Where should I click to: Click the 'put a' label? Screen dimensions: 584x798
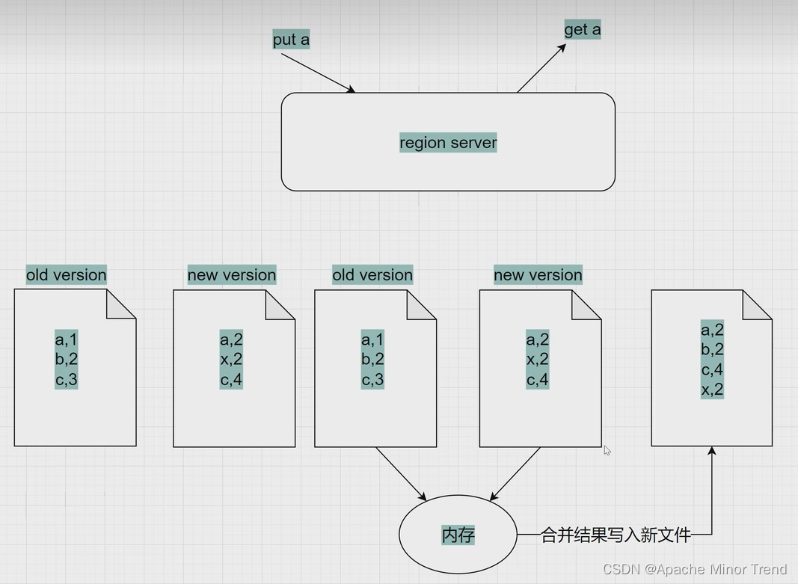(291, 40)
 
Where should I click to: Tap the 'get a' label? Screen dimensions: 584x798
(582, 30)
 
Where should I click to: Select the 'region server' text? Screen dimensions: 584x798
(448, 142)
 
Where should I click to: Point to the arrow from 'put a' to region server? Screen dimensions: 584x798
(318, 73)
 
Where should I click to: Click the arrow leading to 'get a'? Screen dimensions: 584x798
(541, 68)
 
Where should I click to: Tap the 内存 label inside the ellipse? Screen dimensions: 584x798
(458, 535)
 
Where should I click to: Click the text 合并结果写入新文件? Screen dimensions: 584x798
(615, 535)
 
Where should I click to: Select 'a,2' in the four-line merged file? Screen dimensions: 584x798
(712, 330)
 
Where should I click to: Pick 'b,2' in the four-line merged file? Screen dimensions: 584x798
(712, 349)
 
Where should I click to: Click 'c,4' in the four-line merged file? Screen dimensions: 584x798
(712, 369)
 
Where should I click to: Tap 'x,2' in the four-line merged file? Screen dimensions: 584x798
(712, 389)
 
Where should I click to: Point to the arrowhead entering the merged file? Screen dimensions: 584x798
(711, 451)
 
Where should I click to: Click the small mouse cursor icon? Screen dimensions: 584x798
(607, 450)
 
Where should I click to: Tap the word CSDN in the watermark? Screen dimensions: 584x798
(619, 570)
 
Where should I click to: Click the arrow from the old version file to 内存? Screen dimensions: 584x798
(400, 473)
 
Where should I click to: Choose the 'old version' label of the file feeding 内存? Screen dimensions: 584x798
(372, 274)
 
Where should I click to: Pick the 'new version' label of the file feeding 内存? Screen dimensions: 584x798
(538, 274)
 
